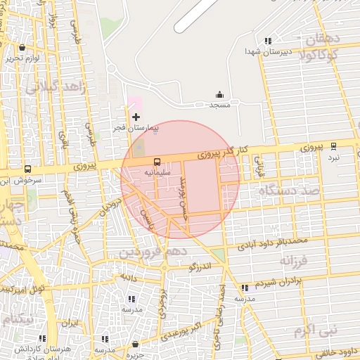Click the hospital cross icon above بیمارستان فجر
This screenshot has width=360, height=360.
tap(136, 116)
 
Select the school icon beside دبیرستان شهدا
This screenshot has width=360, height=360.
tap(267, 41)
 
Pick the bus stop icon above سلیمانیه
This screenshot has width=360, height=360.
tap(155, 161)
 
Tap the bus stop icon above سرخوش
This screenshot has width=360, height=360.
tap(27, 169)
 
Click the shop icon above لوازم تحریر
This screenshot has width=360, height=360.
tap(22, 48)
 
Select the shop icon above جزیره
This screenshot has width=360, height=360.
tap(135, 344)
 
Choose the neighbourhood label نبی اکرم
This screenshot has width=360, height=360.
tap(316, 329)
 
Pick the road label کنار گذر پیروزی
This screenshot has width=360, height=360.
tap(222, 151)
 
